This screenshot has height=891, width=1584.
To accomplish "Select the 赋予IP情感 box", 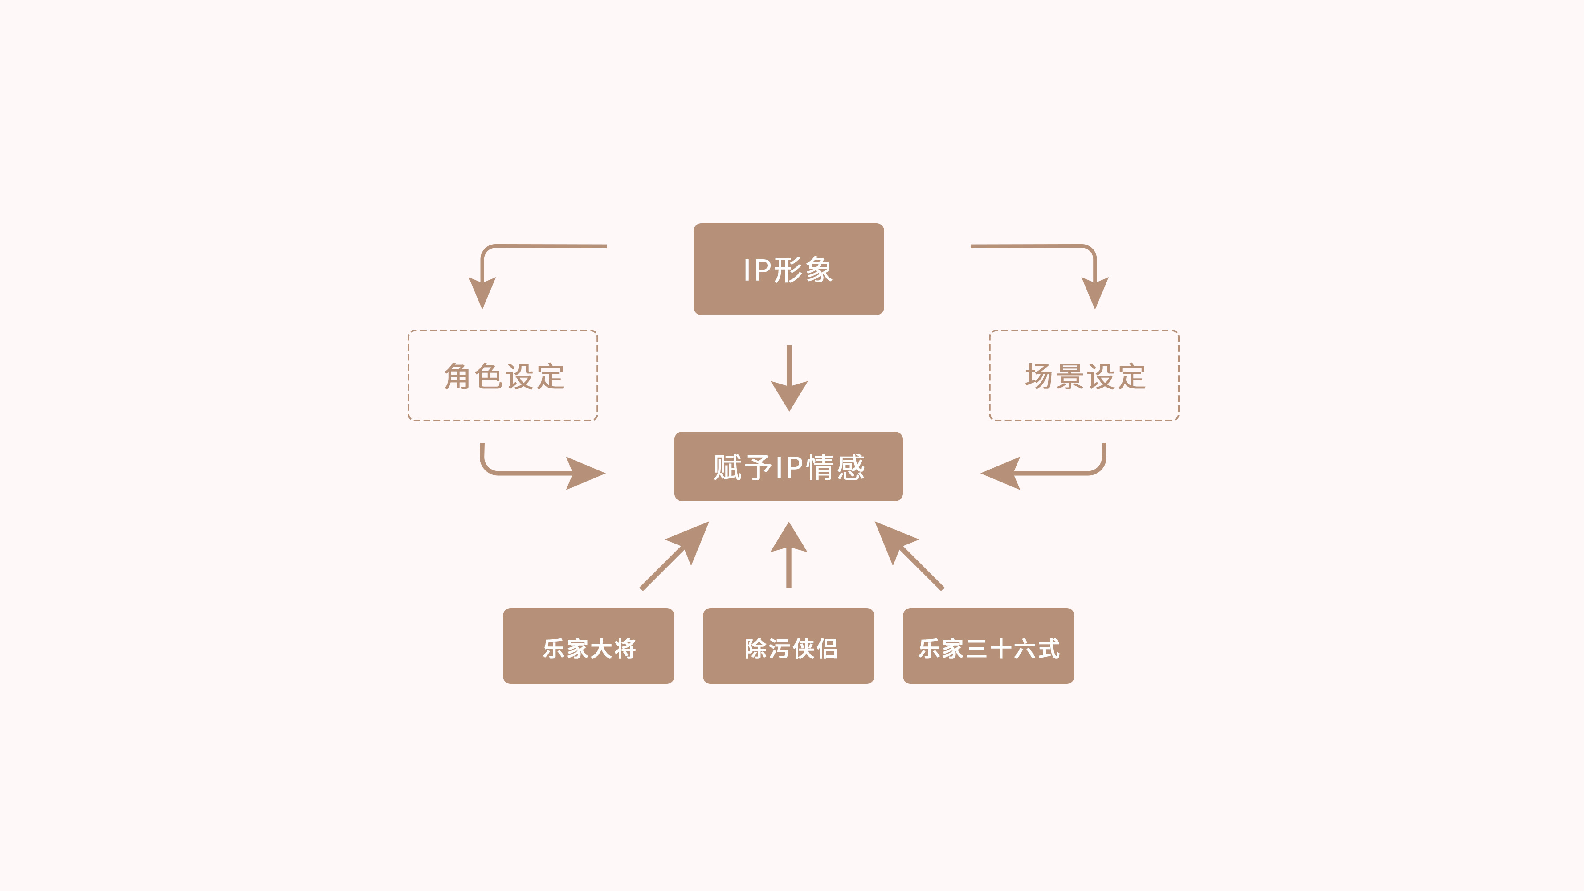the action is (788, 466).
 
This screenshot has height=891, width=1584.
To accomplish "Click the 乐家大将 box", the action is (588, 646).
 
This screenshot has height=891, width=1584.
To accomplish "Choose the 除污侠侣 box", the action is (788, 646).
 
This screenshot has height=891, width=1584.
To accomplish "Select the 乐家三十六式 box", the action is (988, 646).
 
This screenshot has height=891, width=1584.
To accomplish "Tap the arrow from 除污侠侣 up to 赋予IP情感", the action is (788, 555).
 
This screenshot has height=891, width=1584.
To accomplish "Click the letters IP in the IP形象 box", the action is (757, 270).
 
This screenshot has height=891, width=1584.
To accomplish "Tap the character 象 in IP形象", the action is (818, 270).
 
